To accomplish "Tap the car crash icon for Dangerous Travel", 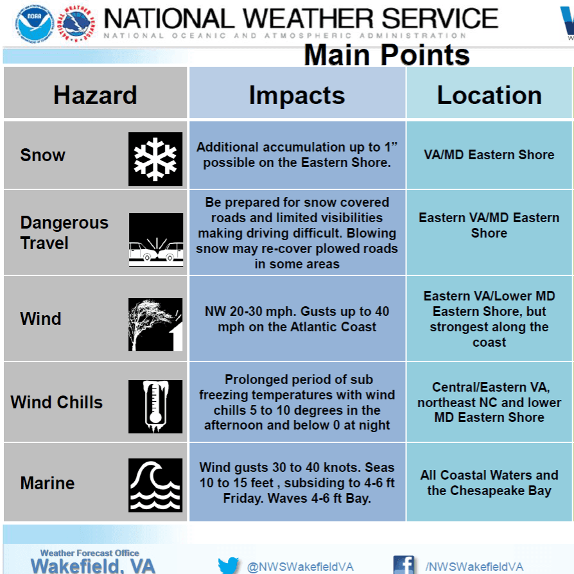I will click(x=155, y=239).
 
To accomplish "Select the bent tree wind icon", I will click(x=155, y=324).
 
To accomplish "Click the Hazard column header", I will click(x=95, y=95).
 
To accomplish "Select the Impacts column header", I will click(x=297, y=95).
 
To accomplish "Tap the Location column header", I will click(x=489, y=95).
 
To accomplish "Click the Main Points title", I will click(x=387, y=55).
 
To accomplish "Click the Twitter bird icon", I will click(x=228, y=566).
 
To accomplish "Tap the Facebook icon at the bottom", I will click(x=403, y=565).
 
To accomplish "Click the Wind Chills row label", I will click(x=57, y=403).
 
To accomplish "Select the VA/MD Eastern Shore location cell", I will click(x=489, y=155).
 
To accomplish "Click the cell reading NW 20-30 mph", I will click(x=297, y=319).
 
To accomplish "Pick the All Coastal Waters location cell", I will click(x=489, y=483).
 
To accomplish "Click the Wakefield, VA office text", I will click(x=92, y=566).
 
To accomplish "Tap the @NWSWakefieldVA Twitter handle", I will click(x=300, y=567).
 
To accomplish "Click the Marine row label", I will click(x=48, y=483).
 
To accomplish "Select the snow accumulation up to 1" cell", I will click(x=297, y=155).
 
